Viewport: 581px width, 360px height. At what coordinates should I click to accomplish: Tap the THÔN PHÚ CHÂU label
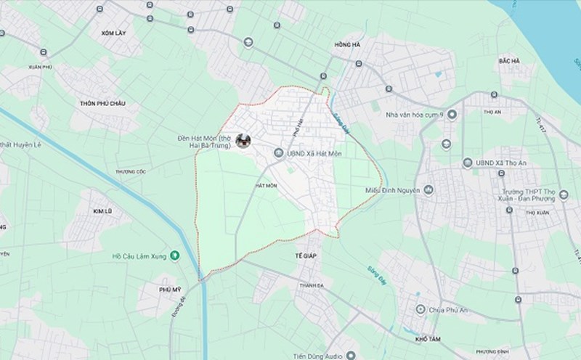click(x=102, y=104)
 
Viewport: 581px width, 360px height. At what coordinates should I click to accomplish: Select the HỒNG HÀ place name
click(x=346, y=45)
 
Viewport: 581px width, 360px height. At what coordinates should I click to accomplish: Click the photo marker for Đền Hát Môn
click(x=244, y=142)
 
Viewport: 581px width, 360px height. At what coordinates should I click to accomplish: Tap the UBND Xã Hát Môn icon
click(x=280, y=153)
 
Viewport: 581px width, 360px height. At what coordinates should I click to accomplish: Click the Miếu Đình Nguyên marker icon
click(x=430, y=190)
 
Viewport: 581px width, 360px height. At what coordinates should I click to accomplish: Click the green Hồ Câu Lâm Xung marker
click(x=175, y=255)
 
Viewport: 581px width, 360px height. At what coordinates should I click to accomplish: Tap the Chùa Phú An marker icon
click(x=420, y=310)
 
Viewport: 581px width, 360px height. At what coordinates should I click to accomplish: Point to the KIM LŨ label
click(x=103, y=211)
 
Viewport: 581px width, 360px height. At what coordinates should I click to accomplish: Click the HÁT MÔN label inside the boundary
click(x=267, y=186)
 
